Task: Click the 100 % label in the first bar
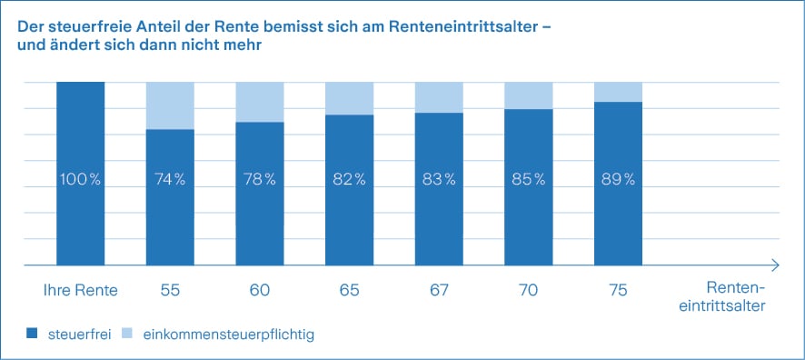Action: click(81, 179)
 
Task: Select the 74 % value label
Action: click(170, 179)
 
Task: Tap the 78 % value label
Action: click(260, 179)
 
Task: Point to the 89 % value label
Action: click(618, 179)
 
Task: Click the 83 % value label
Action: click(439, 179)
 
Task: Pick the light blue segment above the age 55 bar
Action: click(170, 105)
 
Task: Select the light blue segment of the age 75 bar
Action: click(618, 92)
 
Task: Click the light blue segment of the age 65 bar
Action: click(349, 98)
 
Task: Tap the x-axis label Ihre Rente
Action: click(81, 290)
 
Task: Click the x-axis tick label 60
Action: click(260, 290)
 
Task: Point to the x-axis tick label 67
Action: click(439, 290)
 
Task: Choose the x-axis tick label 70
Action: click(529, 290)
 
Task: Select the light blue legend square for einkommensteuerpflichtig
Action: click(130, 335)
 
